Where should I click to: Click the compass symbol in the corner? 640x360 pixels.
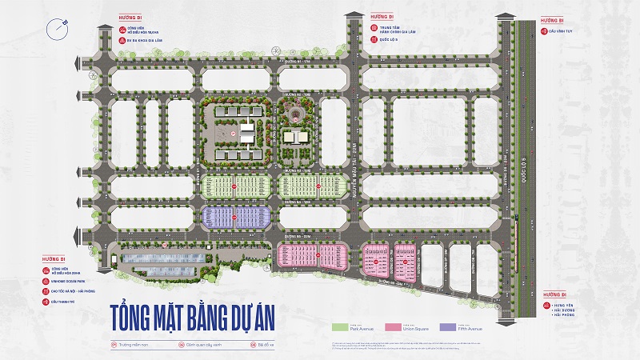coord(55,30)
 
